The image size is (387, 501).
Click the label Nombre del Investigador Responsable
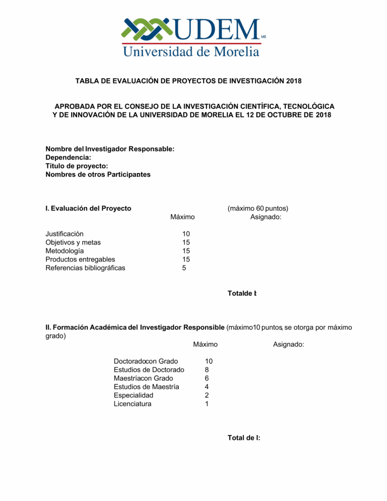(110, 149)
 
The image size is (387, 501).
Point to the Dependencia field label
(68, 158)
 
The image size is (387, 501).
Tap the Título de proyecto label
(77, 166)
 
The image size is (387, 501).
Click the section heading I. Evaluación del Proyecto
(88, 208)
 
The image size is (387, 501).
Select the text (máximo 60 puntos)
(257, 208)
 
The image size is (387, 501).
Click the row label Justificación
(64, 234)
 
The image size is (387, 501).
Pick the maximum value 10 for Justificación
(186, 234)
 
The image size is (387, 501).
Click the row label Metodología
(65, 251)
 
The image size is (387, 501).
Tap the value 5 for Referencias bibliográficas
(184, 268)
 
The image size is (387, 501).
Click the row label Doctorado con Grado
(146, 361)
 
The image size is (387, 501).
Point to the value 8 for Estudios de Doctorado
(207, 370)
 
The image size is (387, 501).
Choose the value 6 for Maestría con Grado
(207, 379)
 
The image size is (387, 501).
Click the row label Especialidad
(134, 396)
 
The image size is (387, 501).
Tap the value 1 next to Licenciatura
(207, 404)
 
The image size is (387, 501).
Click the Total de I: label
(244, 438)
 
